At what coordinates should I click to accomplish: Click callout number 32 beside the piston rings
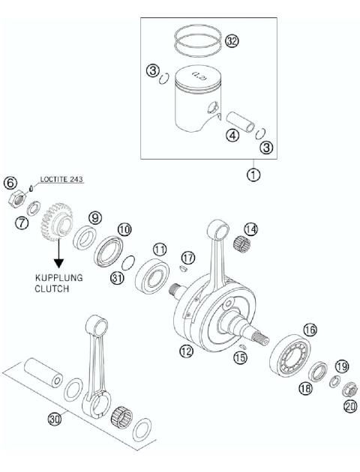232,42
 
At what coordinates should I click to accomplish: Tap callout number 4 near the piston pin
232,136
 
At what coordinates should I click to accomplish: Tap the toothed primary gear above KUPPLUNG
55,222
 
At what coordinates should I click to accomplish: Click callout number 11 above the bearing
159,248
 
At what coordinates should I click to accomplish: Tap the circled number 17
187,258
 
